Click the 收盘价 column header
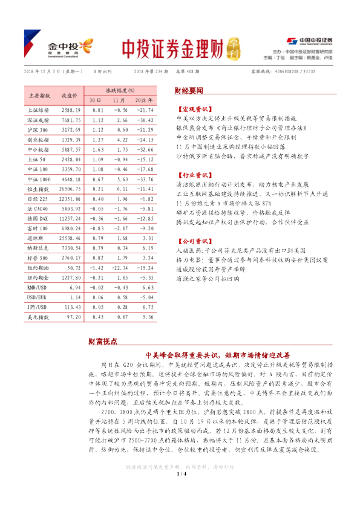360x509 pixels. [x=69, y=96]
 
